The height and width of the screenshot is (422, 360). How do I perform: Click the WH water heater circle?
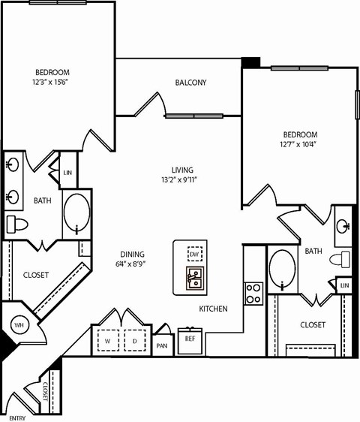18,324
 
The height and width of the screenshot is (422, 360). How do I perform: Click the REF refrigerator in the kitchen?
190,339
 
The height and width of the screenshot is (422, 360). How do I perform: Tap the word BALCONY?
190,83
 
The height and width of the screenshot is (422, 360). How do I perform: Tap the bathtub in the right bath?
282,268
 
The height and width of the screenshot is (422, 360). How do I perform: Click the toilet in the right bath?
342,260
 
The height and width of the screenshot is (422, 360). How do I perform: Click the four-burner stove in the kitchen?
253,293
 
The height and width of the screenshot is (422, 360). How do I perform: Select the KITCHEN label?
213,309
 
